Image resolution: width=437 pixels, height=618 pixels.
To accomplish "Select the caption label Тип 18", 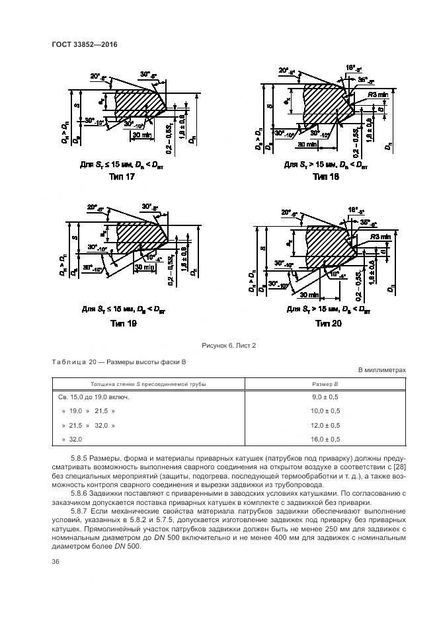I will pyautogui.click(x=325, y=176).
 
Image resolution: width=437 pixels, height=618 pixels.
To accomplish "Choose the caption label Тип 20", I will pyautogui.click(x=328, y=323).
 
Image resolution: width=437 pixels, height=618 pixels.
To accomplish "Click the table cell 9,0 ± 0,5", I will pyautogui.click(x=325, y=397).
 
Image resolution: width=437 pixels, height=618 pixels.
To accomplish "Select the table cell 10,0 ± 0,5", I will pyautogui.click(x=325, y=411).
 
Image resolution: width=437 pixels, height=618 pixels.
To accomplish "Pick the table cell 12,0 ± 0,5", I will pyautogui.click(x=325, y=425).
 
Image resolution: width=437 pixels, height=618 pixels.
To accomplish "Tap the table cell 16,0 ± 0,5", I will pyautogui.click(x=325, y=439).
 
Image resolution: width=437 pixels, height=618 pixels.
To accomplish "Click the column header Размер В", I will pyautogui.click(x=325, y=383).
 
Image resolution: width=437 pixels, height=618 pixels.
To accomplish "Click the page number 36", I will pyautogui.click(x=55, y=561).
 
